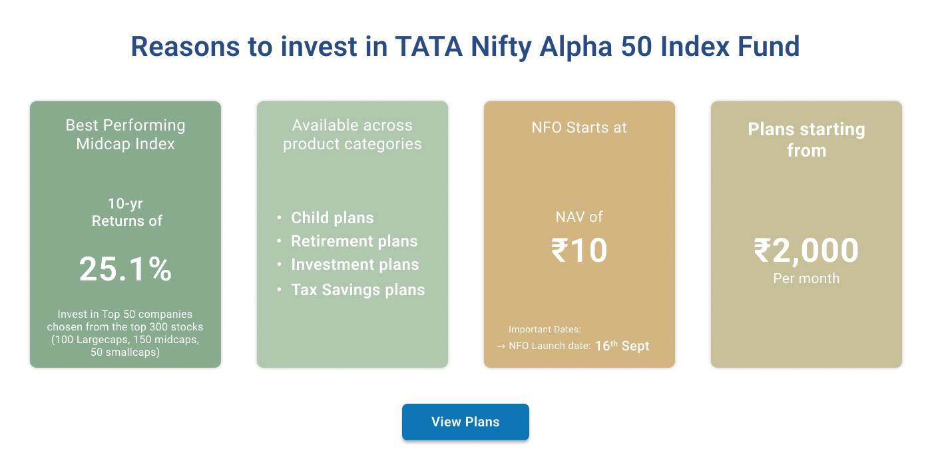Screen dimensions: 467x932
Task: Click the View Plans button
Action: point(465,422)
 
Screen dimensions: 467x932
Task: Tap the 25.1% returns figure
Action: point(125,269)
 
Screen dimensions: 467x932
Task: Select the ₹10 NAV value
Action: point(579,250)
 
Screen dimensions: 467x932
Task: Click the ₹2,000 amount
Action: point(806,250)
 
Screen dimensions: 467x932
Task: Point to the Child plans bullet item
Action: point(332,218)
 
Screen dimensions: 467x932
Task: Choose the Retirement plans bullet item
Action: point(354,241)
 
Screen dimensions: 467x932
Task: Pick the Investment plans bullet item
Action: point(355,264)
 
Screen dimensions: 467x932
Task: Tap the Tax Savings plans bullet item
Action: point(357,290)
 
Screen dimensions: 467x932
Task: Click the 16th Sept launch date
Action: point(622,346)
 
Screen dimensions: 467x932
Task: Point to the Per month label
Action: point(806,278)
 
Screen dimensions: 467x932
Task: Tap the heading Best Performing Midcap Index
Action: point(125,135)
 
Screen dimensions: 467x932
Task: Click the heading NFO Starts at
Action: point(579,127)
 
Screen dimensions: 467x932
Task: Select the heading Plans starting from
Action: point(806,139)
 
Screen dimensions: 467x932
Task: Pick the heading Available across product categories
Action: point(352,135)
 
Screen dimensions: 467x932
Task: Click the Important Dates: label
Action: point(545,329)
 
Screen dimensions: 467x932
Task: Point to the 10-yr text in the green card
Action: point(125,204)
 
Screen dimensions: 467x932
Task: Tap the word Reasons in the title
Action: point(184,47)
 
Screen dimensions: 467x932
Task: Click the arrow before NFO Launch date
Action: point(501,346)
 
